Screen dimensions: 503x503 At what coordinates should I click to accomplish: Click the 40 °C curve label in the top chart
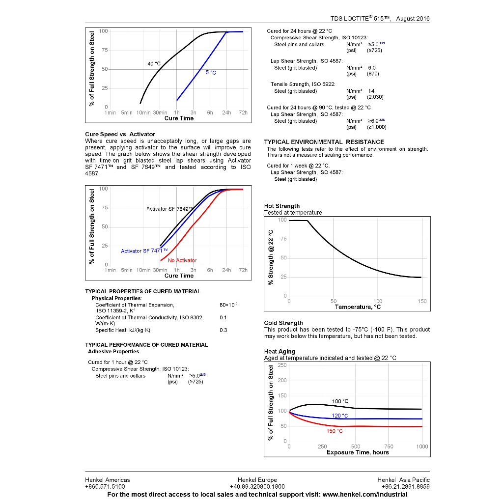[x=154, y=64]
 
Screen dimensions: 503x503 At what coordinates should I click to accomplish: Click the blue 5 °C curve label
[x=211, y=73]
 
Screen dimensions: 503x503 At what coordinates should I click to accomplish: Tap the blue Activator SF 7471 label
[x=144, y=251]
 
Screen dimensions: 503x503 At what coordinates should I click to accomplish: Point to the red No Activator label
[x=182, y=260]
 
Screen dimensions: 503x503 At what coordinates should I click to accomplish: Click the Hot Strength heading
[x=282, y=206]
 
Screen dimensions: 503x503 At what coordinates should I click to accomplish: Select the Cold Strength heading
[x=283, y=323]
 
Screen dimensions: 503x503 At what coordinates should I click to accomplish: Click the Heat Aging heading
[x=280, y=351]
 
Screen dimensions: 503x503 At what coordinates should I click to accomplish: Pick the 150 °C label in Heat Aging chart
[x=335, y=431]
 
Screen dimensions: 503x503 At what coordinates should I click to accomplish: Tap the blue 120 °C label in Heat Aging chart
[x=339, y=416]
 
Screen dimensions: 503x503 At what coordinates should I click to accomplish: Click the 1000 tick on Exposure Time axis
[x=422, y=447]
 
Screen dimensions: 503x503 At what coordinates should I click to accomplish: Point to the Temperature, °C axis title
[x=358, y=307]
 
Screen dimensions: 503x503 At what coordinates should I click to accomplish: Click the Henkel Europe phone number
[x=257, y=487]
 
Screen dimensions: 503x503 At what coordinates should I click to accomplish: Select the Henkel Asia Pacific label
[x=403, y=480]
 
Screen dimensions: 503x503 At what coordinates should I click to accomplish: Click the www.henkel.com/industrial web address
[x=365, y=494]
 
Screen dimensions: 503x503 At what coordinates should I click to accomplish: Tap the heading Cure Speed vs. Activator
[x=120, y=134]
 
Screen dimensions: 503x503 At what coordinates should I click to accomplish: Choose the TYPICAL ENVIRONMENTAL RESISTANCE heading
[x=324, y=142]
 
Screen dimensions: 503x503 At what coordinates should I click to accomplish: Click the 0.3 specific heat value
[x=224, y=330]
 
